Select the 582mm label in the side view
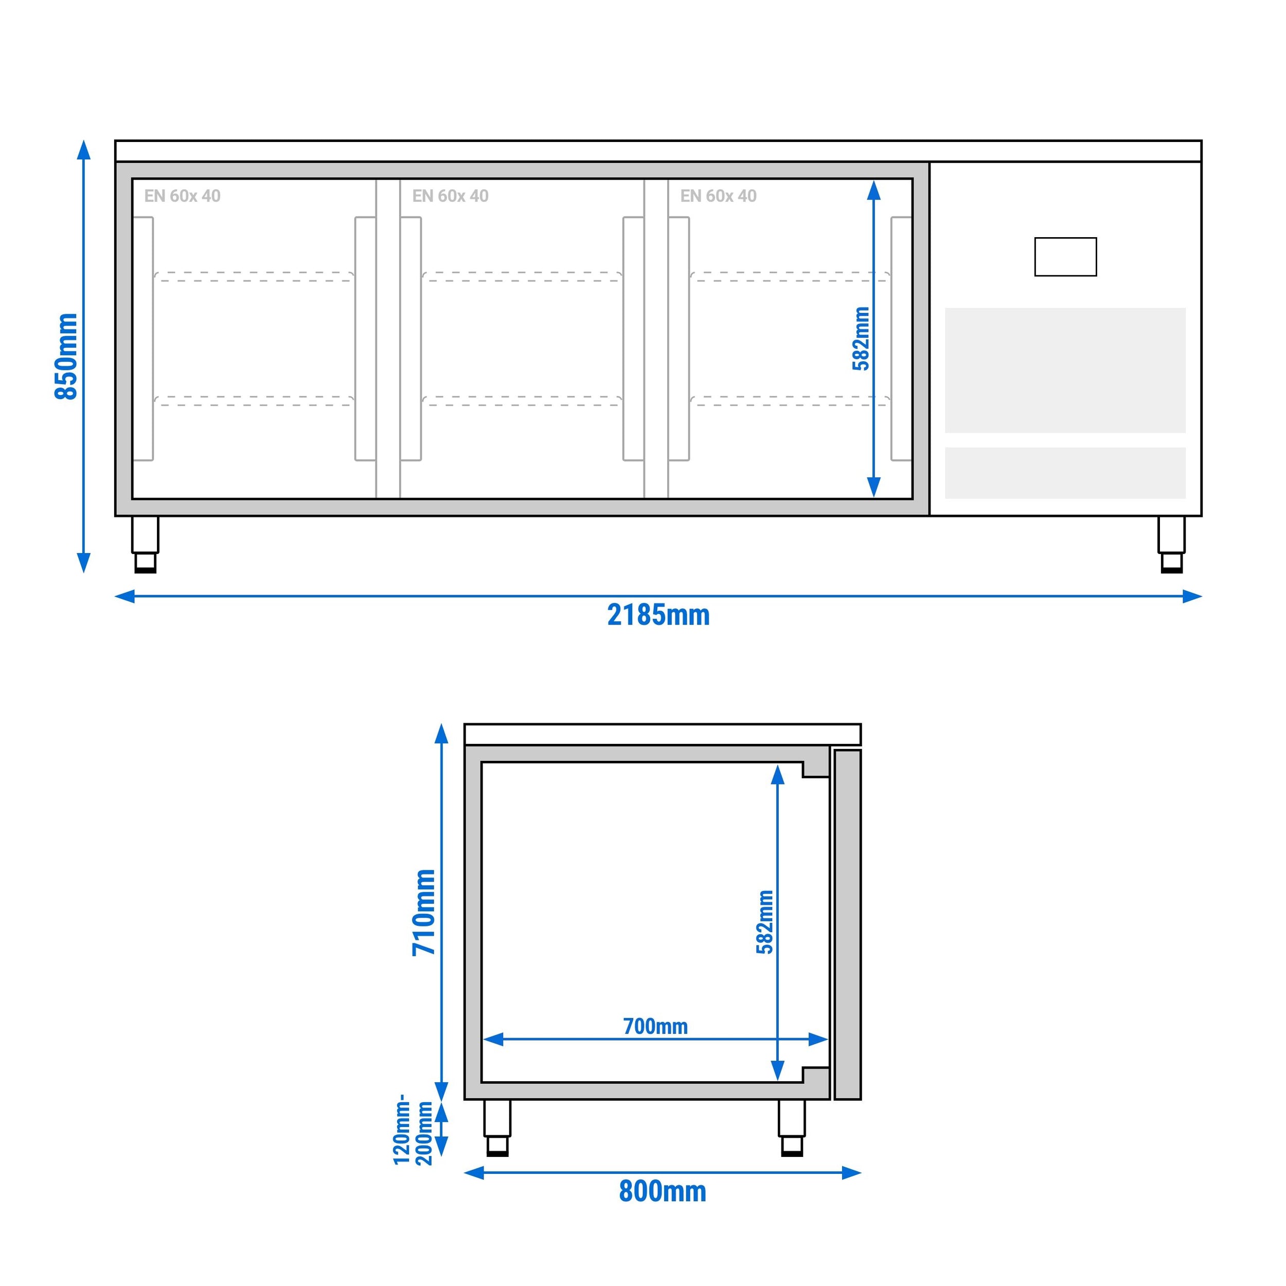click(765, 922)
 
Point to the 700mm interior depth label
click(655, 1026)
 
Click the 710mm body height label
click(423, 912)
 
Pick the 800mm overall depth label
click(663, 1191)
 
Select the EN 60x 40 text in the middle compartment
click(450, 195)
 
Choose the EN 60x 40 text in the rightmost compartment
click(718, 195)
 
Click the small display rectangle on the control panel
click(1065, 257)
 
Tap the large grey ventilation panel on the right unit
click(1065, 370)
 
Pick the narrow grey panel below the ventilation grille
click(1065, 473)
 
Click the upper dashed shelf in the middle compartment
click(522, 277)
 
